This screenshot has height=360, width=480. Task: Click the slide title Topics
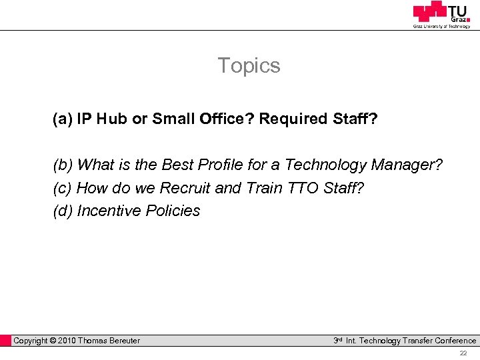(x=249, y=65)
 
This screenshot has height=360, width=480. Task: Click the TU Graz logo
(x=441, y=14)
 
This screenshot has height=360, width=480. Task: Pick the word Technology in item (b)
(x=326, y=165)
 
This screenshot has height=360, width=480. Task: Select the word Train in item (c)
(x=264, y=188)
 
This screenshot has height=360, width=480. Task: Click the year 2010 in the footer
(x=67, y=341)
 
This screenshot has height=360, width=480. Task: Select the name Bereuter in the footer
(x=120, y=341)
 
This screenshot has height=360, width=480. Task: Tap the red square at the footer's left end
(x=6, y=341)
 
